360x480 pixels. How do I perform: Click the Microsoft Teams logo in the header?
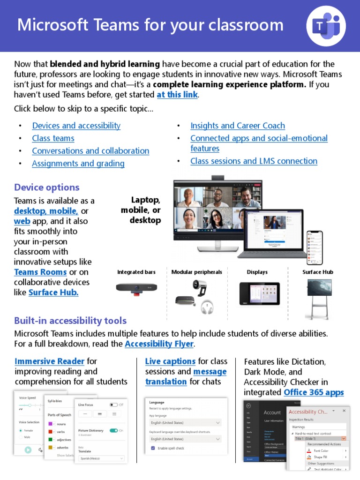click(x=326, y=26)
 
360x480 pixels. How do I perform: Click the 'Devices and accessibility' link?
click(x=76, y=126)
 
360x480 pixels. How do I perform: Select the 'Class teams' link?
click(x=53, y=138)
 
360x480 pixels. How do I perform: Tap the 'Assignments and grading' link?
click(x=78, y=164)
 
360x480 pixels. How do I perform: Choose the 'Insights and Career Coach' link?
click(x=237, y=126)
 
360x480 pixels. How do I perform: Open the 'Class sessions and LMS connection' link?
click(x=254, y=161)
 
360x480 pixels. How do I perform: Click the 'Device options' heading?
click(x=46, y=187)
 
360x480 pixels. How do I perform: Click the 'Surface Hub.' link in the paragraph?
click(x=53, y=292)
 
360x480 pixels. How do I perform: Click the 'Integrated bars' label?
click(x=136, y=272)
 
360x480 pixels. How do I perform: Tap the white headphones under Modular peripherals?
click(x=206, y=307)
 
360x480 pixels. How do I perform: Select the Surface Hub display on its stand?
click(x=319, y=288)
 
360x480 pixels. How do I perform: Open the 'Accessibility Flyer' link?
click(x=159, y=344)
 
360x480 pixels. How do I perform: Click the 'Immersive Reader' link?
click(x=50, y=361)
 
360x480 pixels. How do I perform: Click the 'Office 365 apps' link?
click(x=314, y=392)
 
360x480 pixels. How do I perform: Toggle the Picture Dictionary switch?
click(x=113, y=430)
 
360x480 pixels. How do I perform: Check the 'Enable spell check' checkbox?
click(x=153, y=448)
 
